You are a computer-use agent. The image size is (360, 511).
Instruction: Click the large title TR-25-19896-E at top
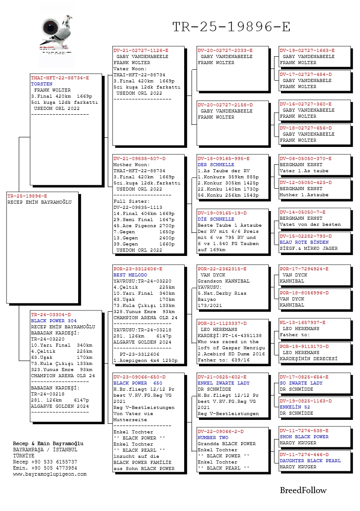point(231,27)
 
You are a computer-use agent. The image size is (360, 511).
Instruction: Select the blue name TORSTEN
point(41,84)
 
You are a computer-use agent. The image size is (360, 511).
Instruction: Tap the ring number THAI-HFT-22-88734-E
point(60,78)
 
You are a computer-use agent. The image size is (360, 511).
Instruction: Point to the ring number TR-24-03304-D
point(51,314)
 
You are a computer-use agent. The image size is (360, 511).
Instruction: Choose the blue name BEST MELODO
point(130,275)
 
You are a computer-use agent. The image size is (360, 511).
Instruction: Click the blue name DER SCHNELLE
point(216,165)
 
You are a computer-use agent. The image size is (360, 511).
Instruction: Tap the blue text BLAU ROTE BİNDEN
point(304,242)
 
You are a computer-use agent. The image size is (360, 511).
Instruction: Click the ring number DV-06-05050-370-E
point(305,159)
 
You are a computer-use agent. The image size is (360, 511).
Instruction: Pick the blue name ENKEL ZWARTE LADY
point(223,383)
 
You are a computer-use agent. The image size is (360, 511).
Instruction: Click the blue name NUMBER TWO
point(213,437)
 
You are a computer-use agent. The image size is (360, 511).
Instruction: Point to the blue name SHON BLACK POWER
point(304,436)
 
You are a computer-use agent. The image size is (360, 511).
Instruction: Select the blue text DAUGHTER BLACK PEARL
point(310,460)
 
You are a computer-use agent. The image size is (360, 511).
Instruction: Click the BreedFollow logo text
point(303,491)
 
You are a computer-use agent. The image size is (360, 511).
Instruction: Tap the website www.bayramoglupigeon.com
point(50,474)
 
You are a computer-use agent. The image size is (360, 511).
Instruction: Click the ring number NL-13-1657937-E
point(302,322)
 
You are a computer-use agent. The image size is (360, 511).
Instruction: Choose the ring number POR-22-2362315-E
point(222,269)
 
